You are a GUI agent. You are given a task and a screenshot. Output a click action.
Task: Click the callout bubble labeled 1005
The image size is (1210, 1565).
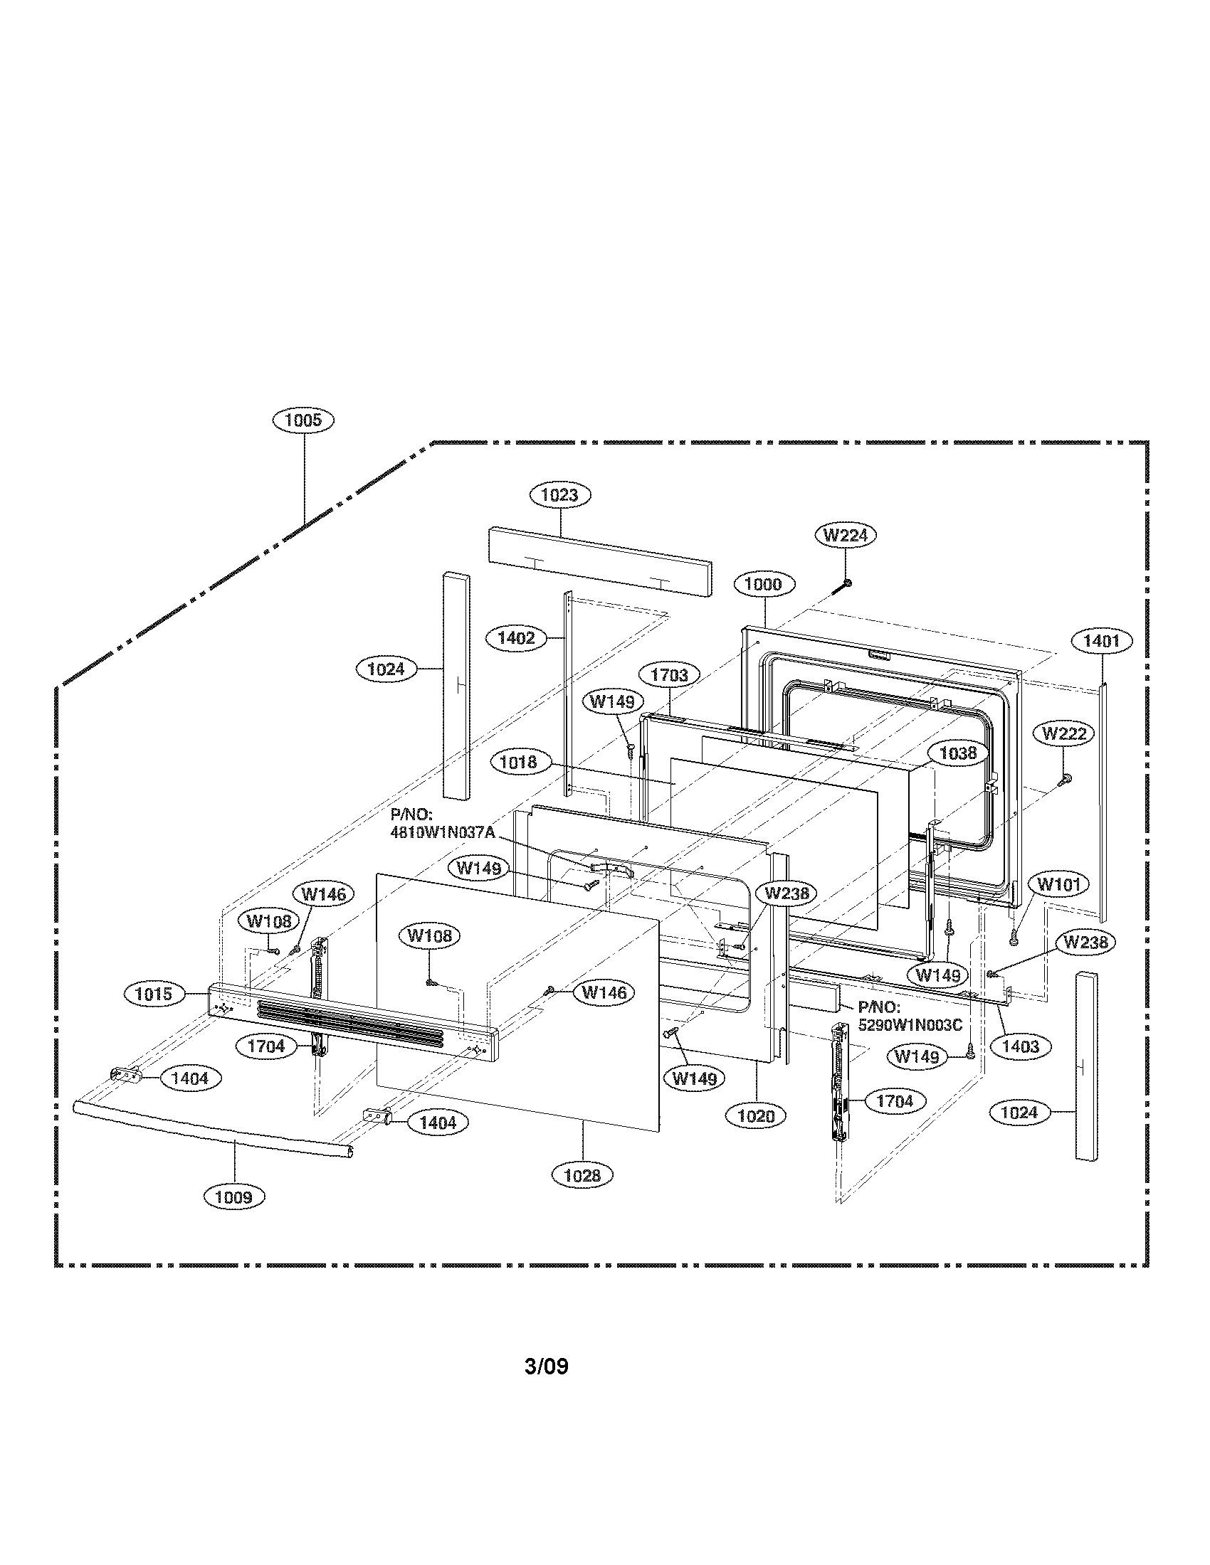coord(303,420)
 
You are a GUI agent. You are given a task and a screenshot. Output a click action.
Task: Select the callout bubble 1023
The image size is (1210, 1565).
coord(560,494)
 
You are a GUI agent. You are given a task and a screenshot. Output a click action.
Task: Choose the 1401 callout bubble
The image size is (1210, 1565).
coord(1101,642)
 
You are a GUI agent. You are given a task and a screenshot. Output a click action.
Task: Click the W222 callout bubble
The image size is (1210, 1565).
coord(1064,734)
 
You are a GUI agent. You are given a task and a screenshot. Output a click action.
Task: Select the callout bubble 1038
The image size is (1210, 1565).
coord(957,753)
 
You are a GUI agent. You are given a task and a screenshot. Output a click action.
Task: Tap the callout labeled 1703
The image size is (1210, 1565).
coord(669,675)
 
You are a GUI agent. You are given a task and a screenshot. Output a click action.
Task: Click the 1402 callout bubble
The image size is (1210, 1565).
coord(516,638)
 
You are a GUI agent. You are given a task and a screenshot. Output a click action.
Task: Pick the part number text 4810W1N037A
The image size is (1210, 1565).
coord(442,834)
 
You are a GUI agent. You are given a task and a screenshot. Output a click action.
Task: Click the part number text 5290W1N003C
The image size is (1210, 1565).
coord(910,1025)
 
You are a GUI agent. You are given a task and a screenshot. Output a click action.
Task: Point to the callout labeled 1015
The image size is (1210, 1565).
coord(154,994)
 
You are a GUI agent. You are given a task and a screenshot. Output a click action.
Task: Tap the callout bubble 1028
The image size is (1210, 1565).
coord(582,1174)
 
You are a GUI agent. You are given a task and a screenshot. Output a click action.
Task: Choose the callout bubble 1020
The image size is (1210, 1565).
coord(755,1115)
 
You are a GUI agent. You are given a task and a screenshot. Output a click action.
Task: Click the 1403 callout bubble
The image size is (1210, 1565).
coord(1019,1047)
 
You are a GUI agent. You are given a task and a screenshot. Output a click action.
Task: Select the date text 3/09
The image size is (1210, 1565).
coord(546,1367)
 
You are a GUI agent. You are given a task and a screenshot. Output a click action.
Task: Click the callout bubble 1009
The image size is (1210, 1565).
coord(233,1197)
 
